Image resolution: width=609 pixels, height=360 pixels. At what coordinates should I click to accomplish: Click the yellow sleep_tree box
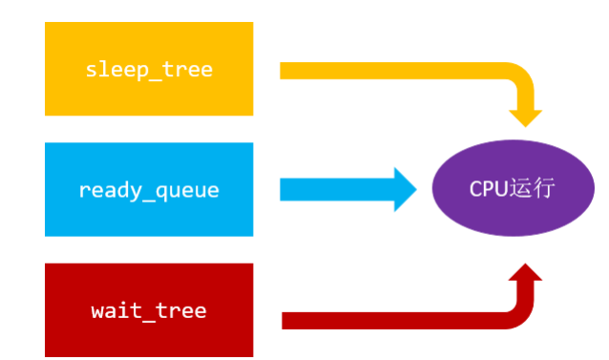[149, 69]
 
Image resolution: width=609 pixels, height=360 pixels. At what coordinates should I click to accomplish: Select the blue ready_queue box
[149, 189]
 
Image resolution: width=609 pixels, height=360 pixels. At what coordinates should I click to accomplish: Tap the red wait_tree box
[149, 310]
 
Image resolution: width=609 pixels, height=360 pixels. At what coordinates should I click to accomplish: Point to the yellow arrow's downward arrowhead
[525, 115]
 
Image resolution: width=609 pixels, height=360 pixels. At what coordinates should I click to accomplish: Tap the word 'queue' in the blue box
[189, 190]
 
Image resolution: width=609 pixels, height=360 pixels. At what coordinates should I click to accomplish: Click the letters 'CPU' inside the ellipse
[486, 188]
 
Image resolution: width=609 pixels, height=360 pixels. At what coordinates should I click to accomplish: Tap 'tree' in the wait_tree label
[183, 310]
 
